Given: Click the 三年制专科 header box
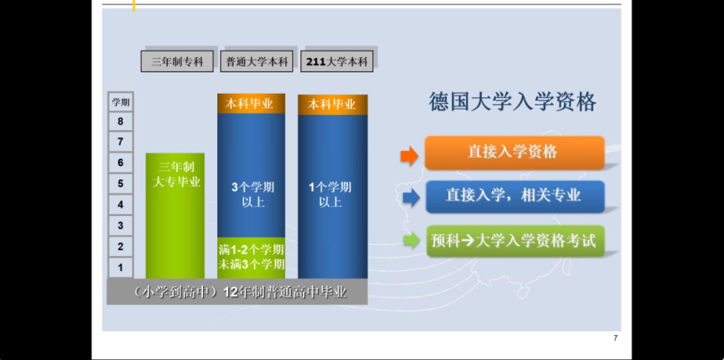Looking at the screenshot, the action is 177,62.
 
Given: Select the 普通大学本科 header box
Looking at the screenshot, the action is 257,62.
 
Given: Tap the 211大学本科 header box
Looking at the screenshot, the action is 337,62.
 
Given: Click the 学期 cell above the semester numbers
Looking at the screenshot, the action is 121,102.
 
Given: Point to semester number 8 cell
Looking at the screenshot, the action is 121,122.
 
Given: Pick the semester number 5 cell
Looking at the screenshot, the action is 121,184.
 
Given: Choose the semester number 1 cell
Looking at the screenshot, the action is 121,267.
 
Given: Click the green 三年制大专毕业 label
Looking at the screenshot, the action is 176,174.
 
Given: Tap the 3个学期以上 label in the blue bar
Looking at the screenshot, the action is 253,194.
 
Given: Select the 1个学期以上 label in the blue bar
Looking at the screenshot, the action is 330,194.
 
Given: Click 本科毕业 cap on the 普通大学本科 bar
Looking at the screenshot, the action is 251,103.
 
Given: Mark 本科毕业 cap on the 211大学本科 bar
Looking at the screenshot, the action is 333,105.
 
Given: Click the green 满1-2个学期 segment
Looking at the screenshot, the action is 251,257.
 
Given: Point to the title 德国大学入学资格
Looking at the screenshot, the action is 513,102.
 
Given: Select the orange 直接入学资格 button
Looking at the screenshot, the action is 514,152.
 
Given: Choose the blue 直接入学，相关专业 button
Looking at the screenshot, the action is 515,196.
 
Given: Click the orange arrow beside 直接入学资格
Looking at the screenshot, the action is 410,156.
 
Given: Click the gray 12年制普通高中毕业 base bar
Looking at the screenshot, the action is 237,292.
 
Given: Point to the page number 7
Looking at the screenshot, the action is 615,338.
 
